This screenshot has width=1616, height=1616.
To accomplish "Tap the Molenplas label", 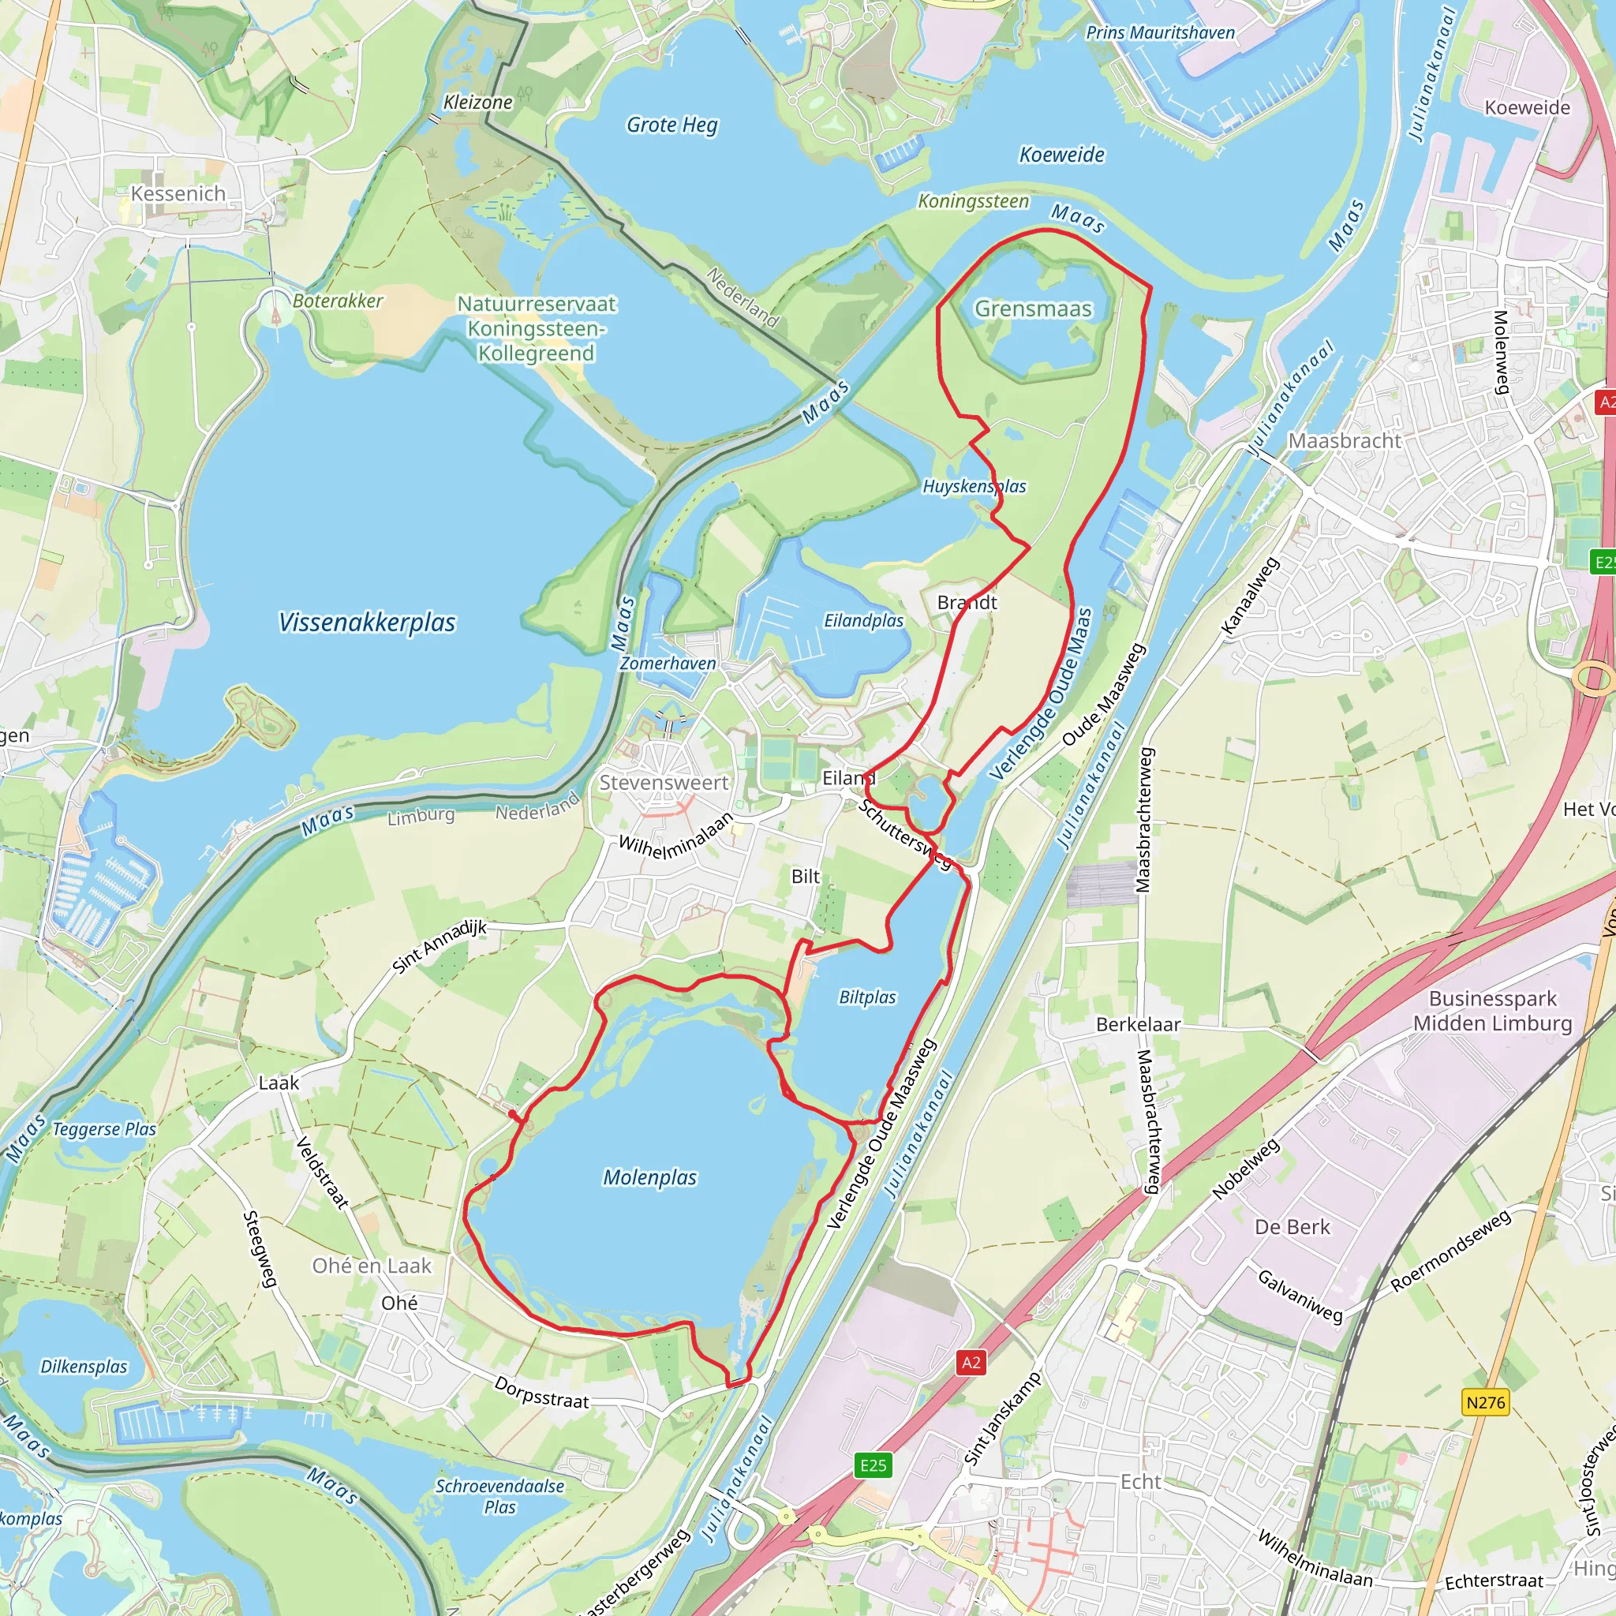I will click(x=650, y=1178).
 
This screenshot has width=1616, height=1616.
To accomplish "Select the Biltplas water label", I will click(x=866, y=997).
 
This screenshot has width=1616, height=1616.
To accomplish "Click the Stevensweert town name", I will click(x=664, y=783).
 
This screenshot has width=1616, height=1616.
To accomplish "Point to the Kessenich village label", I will click(x=178, y=194).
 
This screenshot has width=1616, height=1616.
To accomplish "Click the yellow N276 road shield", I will click(x=1486, y=1402).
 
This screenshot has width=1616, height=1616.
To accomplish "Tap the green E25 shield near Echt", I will click(x=873, y=1465).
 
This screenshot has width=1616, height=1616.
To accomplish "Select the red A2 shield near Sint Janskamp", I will click(x=971, y=1363).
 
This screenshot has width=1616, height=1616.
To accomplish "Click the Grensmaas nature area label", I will click(x=1033, y=309).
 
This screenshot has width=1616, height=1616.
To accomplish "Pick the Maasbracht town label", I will click(x=1344, y=441).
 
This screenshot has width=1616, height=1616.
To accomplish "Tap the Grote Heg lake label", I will click(x=671, y=125).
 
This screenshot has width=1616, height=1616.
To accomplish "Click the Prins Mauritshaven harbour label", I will click(x=1160, y=32).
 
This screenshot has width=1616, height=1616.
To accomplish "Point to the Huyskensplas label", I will click(x=974, y=486).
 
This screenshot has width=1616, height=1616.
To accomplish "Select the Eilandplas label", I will click(x=863, y=621).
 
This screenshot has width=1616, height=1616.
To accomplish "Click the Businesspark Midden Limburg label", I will click(x=1492, y=1012).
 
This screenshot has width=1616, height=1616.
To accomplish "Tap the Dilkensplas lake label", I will click(x=84, y=1367).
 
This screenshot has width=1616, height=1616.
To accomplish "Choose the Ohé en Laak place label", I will click(x=372, y=1266).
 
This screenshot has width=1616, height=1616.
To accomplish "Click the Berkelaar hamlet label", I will click(x=1138, y=1025).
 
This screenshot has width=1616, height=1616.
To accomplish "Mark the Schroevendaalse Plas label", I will click(x=499, y=1496).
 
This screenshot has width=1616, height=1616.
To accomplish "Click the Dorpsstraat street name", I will click(x=541, y=1393).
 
